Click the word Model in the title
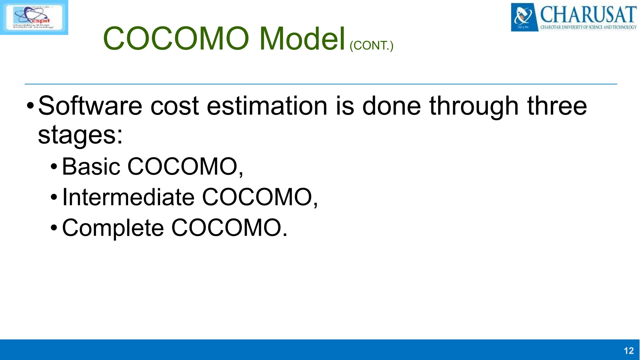click(x=302, y=39)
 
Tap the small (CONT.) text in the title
click(x=371, y=46)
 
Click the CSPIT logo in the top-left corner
click(x=34, y=17)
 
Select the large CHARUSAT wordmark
click(x=588, y=14)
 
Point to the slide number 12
click(x=628, y=351)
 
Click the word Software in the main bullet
click(x=90, y=106)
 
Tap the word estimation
click(x=267, y=106)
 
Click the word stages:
click(x=80, y=135)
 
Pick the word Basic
click(x=91, y=167)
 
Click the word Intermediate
click(x=128, y=197)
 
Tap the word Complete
click(x=113, y=228)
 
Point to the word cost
click(x=174, y=106)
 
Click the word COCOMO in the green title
click(x=176, y=39)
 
